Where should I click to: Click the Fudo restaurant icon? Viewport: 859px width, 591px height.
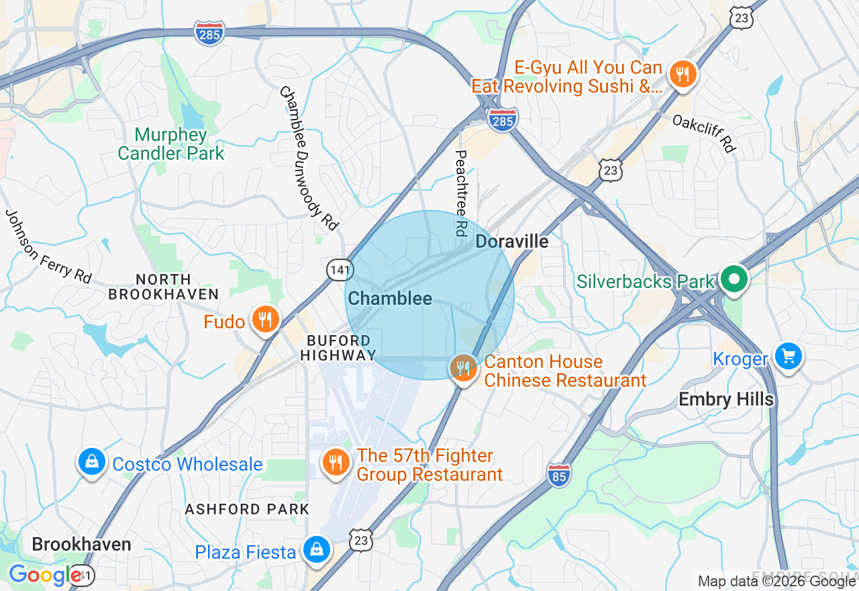(266, 320)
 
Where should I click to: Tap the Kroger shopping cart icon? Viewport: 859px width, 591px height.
(788, 356)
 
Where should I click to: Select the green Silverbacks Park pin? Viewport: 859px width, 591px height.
(735, 279)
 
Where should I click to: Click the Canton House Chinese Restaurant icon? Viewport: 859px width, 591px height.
(463, 368)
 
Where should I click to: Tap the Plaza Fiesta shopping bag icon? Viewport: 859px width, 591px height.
(315, 549)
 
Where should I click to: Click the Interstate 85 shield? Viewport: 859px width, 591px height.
(558, 475)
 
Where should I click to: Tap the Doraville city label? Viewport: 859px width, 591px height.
(511, 242)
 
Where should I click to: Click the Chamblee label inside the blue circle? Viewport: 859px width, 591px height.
(390, 299)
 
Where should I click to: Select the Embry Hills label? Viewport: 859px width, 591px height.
(726, 400)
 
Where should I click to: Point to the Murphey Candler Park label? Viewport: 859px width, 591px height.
(171, 144)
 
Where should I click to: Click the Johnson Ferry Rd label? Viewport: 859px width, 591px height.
(48, 246)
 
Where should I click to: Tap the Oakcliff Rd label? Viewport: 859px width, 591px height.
(703, 133)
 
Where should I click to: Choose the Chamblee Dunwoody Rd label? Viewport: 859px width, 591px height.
(309, 158)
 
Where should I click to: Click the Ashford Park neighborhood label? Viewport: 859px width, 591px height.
(247, 509)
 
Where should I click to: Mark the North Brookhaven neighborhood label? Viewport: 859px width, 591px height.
(163, 287)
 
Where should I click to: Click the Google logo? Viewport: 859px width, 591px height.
(46, 576)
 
